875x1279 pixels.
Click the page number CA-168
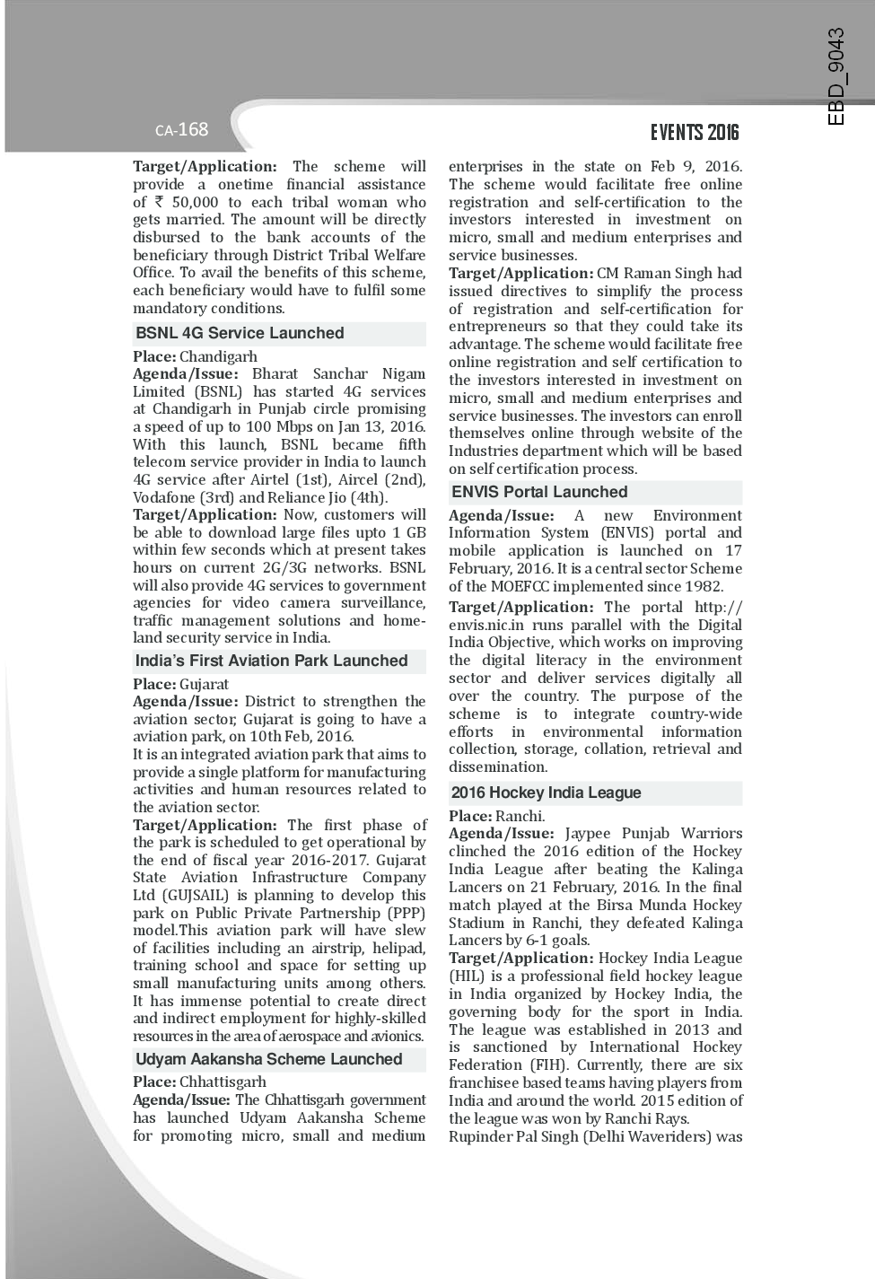(181, 130)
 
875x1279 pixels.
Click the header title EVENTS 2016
(695, 133)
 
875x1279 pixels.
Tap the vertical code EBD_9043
(836, 77)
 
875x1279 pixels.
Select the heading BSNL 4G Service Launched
(240, 333)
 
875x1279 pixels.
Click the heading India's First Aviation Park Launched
(271, 661)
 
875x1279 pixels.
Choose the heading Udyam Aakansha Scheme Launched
(268, 1059)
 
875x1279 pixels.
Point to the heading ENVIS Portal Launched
(539, 492)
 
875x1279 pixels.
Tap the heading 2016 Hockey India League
(546, 793)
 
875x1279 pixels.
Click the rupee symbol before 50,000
(158, 202)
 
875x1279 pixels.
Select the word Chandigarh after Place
(218, 356)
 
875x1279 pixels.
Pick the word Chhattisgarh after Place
(223, 1082)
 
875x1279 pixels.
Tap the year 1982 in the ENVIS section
(703, 586)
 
